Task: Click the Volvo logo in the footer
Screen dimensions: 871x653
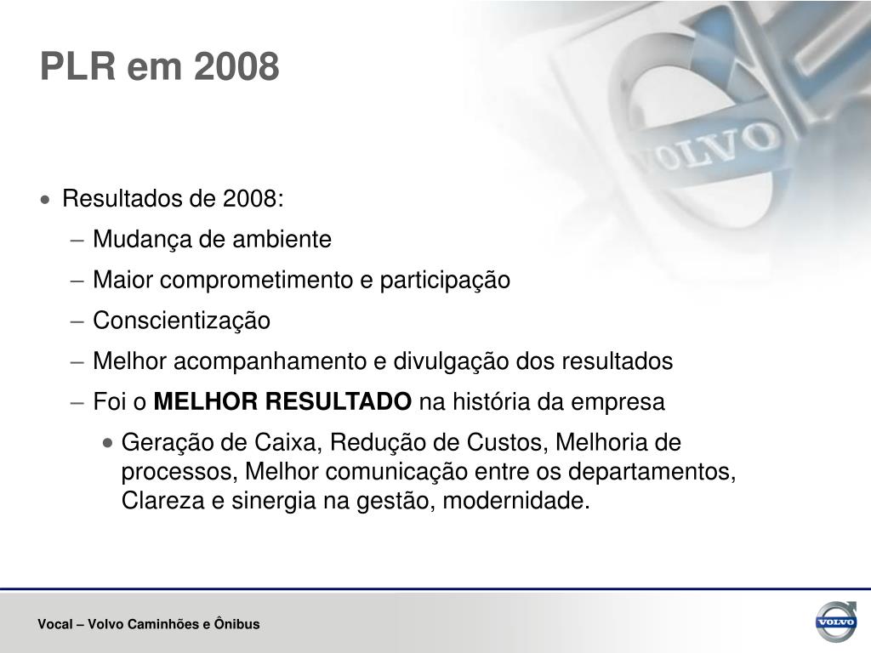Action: (836, 622)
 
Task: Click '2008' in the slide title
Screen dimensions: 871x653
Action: (236, 66)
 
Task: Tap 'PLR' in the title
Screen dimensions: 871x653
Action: (77, 66)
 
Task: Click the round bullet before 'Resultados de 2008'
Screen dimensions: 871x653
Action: (45, 199)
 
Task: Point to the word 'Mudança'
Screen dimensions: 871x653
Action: (142, 239)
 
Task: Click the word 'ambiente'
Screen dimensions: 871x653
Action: (282, 239)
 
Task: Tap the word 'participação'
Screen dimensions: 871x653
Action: (445, 280)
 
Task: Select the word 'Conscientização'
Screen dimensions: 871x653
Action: (182, 321)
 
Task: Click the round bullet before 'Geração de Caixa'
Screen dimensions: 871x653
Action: (108, 443)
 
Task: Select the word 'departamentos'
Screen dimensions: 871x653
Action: (652, 472)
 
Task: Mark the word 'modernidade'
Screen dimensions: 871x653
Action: (516, 501)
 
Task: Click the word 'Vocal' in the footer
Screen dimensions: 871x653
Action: (55, 624)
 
